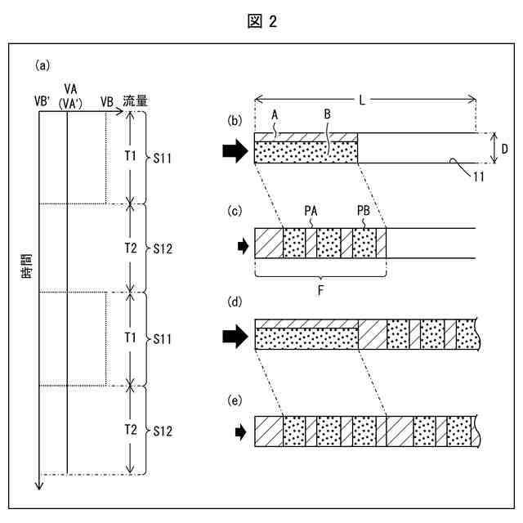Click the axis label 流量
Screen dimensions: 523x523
click(x=136, y=101)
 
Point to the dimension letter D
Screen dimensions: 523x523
click(x=506, y=149)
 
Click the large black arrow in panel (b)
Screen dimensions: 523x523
click(x=235, y=152)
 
